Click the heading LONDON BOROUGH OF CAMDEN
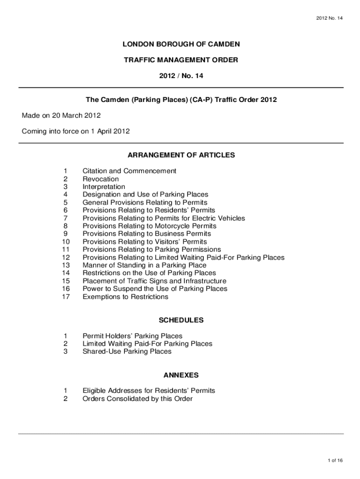pos(181,44)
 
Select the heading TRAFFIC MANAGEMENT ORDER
pos(181,60)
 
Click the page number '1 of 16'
pos(335,460)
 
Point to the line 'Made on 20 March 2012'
pos(61,116)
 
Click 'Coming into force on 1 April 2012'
pos(76,131)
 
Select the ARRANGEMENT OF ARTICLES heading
pos(181,155)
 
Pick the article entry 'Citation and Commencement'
pos(130,171)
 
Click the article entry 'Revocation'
pos(101,179)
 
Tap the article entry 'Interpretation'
pos(104,187)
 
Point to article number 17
pos(65,297)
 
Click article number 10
pos(65,242)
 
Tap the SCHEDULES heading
pos(181,320)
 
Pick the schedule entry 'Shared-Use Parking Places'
pos(127,351)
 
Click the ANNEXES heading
pos(181,375)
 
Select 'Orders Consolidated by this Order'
pos(137,399)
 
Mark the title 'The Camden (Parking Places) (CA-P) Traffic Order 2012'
pos(181,100)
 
